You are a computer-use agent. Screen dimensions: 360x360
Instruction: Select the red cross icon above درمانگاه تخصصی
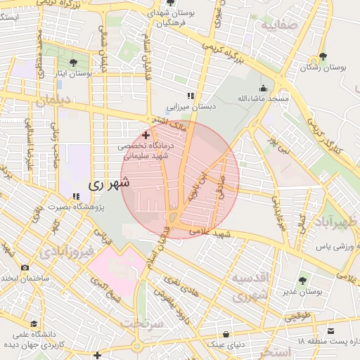pyautogui.click(x=146, y=134)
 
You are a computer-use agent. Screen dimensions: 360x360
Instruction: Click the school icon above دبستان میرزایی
pyautogui.click(x=189, y=95)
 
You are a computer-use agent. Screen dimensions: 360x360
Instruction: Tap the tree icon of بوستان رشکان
pyautogui.click(x=323, y=56)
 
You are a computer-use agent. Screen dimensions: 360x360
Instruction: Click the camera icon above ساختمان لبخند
pyautogui.click(x=25, y=267)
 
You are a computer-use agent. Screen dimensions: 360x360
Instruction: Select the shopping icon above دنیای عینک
pyautogui.click(x=225, y=334)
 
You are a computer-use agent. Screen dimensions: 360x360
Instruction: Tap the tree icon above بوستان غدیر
pyautogui.click(x=303, y=281)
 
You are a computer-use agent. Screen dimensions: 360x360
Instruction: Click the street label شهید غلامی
pyautogui.click(x=224, y=234)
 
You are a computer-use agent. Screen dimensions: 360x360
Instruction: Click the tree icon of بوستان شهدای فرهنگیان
pyautogui.click(x=153, y=12)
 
